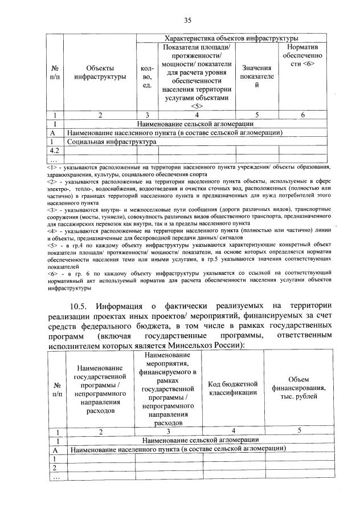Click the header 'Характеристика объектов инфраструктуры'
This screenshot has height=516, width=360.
[x=231, y=38]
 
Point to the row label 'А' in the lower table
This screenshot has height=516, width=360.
[x=56, y=449]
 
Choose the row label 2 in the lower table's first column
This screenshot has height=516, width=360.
[x=55, y=467]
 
